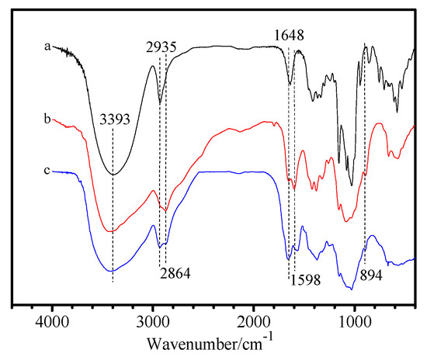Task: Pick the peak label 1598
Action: coord(304,282)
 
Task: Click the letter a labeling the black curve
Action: coord(47,47)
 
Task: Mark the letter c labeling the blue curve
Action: coord(47,170)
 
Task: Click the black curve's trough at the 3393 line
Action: coord(113,174)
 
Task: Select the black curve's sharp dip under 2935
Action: coord(160,102)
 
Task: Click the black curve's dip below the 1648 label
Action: coord(290,82)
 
